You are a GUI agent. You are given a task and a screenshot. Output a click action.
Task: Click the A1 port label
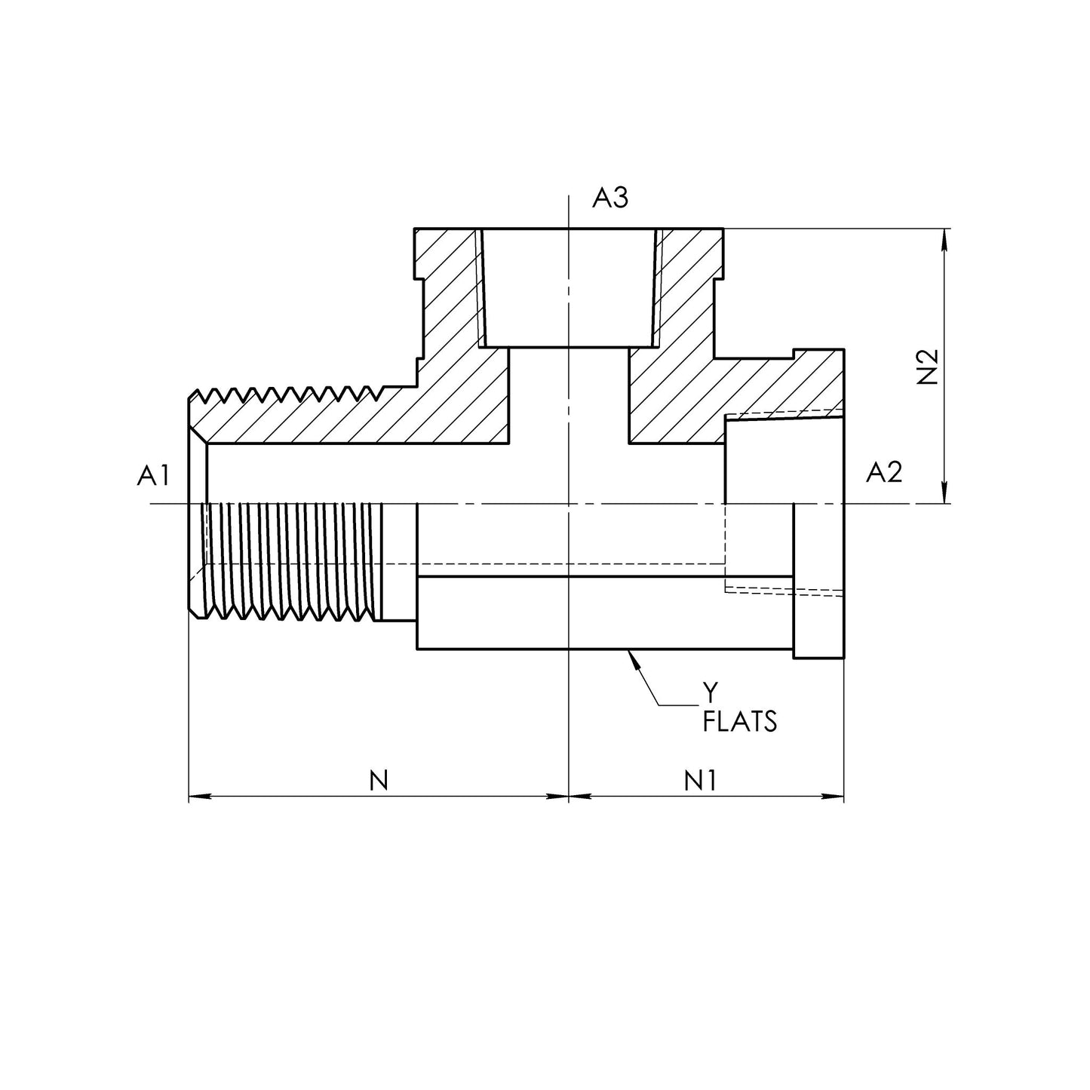click(x=153, y=475)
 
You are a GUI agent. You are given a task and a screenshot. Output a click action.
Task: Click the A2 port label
click(x=884, y=473)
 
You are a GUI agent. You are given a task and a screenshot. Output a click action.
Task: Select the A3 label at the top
click(x=609, y=198)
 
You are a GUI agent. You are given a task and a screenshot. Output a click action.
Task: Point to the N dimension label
click(x=379, y=781)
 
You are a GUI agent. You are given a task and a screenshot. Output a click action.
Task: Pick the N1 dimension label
click(x=699, y=781)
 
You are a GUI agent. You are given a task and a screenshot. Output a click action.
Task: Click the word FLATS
click(x=739, y=723)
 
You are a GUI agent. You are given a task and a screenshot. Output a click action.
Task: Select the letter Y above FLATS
click(x=709, y=691)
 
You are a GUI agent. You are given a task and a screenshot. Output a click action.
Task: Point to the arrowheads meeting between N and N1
click(x=568, y=796)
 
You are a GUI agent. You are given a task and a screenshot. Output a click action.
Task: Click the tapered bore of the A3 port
click(x=568, y=287)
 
